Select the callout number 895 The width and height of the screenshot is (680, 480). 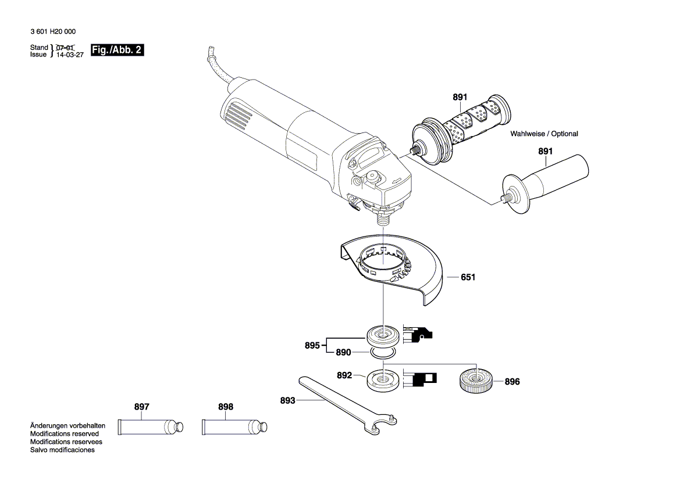point(312,346)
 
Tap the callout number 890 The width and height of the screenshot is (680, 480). point(343,353)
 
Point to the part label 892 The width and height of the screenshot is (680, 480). point(344,376)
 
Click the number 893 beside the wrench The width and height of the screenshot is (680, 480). point(287,400)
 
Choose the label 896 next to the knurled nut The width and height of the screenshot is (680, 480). point(512,382)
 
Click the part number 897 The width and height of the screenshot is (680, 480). point(142,407)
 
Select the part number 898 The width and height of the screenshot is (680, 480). point(226,407)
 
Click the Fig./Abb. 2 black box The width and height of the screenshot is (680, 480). point(117,51)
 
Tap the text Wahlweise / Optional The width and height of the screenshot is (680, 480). point(544,134)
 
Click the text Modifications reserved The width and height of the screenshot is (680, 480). point(65,434)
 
